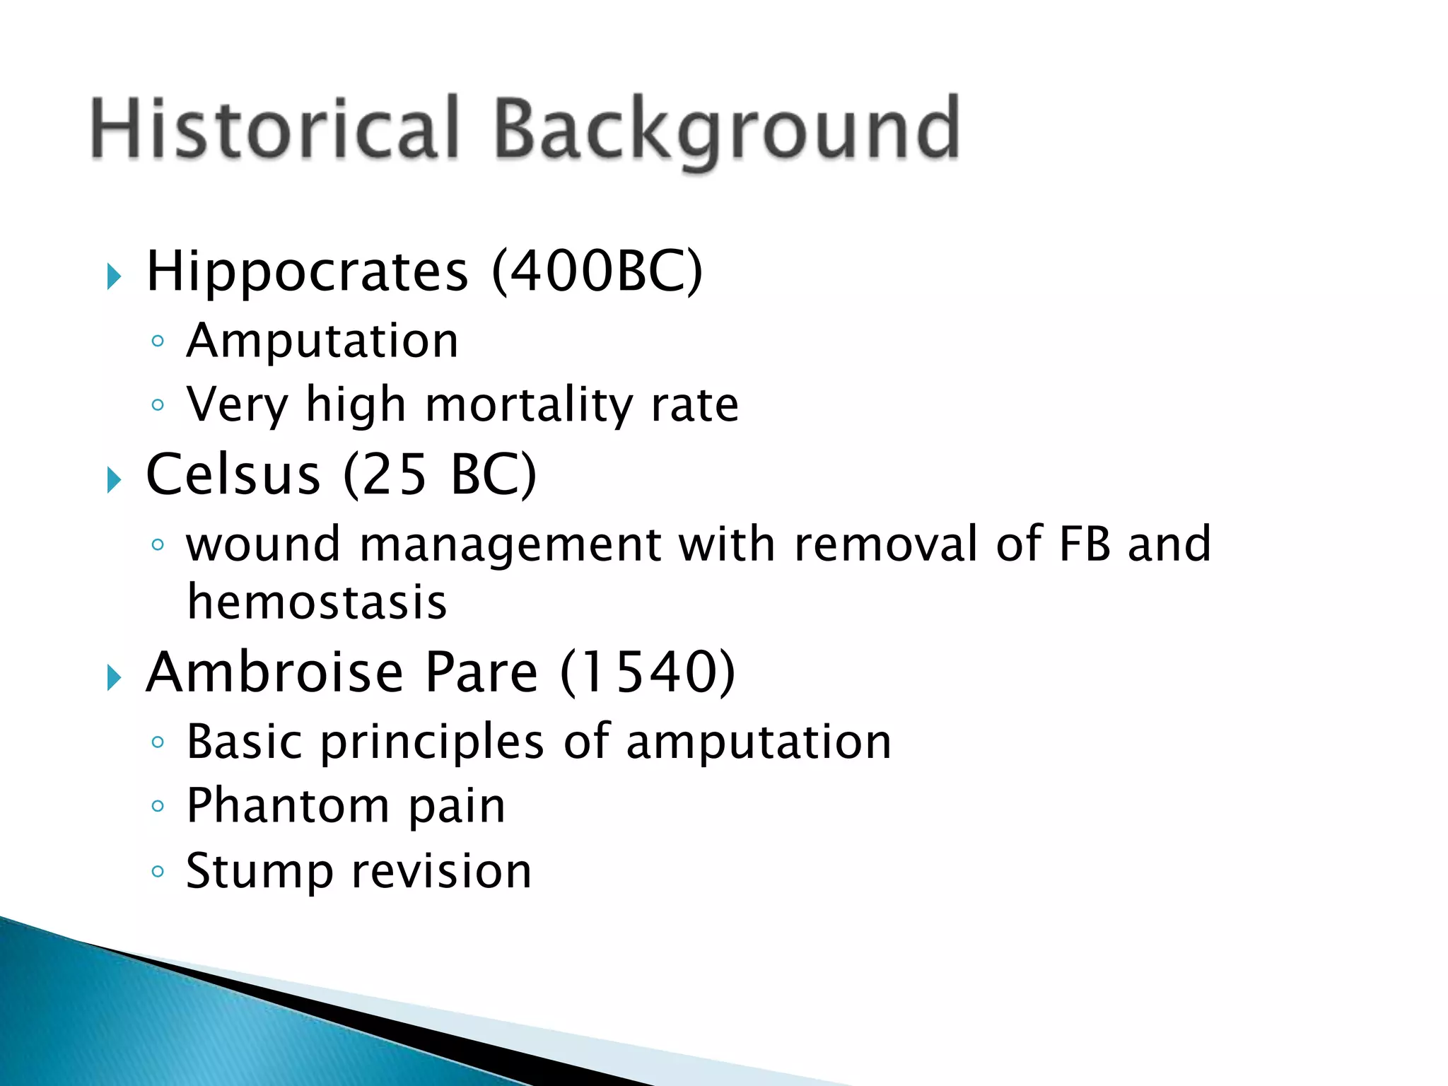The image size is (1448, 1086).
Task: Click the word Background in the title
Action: [x=726, y=130]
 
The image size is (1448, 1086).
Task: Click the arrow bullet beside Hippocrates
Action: [x=114, y=276]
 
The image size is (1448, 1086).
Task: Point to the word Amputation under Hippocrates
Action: [x=322, y=341]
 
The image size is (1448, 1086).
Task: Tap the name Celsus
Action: [x=233, y=474]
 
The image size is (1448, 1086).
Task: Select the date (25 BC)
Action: [x=440, y=474]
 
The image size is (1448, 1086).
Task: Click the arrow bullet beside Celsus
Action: [x=114, y=481]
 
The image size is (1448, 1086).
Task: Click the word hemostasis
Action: [x=317, y=602]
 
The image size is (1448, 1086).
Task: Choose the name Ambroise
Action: [x=274, y=672]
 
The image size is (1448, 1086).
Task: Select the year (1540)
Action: [x=648, y=672]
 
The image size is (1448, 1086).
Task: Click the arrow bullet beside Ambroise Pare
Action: [x=114, y=678]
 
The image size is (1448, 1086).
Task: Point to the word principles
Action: [x=432, y=742]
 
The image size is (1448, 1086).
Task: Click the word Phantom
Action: [x=287, y=805]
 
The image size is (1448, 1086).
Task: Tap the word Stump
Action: [x=259, y=871]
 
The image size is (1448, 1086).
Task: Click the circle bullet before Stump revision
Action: [x=158, y=871]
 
